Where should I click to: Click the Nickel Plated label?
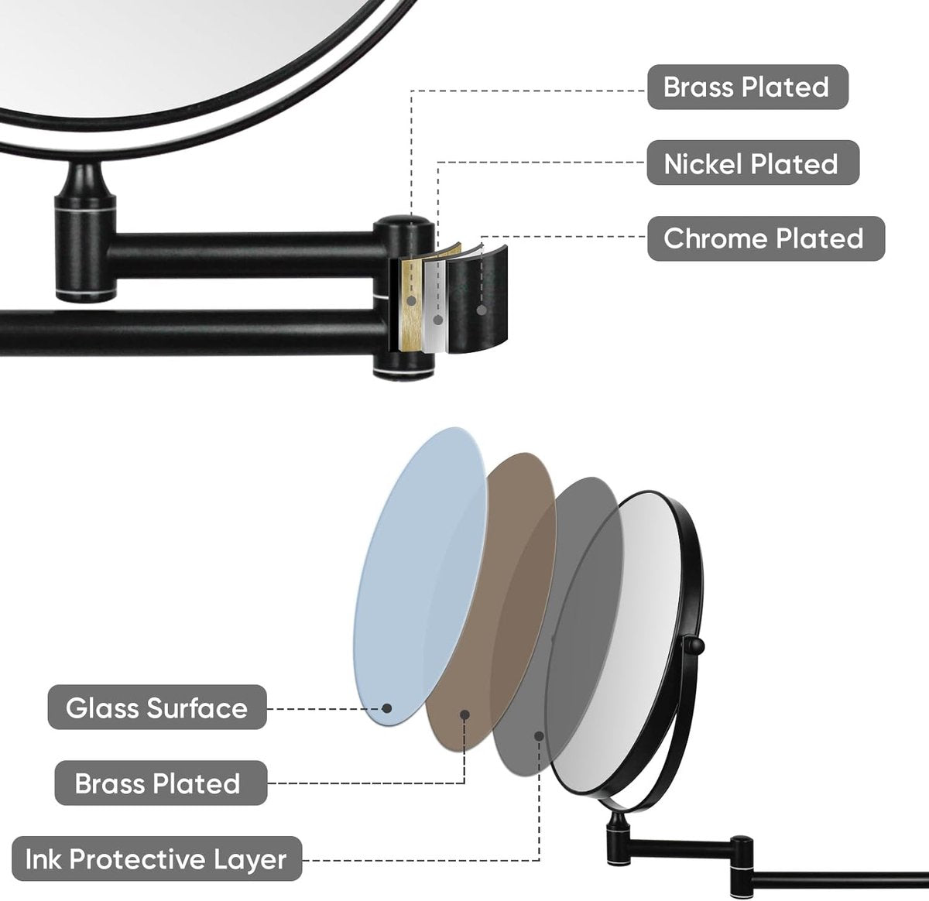(x=752, y=163)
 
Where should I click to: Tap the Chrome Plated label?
(x=766, y=238)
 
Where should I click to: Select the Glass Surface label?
(x=157, y=707)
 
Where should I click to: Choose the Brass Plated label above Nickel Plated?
(x=748, y=87)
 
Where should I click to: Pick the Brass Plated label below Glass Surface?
(x=161, y=783)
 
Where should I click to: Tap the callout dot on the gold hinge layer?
(x=411, y=300)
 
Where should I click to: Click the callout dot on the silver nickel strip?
(x=437, y=320)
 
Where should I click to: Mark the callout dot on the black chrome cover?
(x=482, y=310)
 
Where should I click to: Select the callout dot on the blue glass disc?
(x=387, y=708)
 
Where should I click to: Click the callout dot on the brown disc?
(x=464, y=714)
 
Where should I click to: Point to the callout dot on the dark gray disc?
(x=539, y=736)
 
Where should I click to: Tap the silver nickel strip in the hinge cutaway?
(x=434, y=306)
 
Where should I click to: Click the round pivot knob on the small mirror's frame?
(x=695, y=646)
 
